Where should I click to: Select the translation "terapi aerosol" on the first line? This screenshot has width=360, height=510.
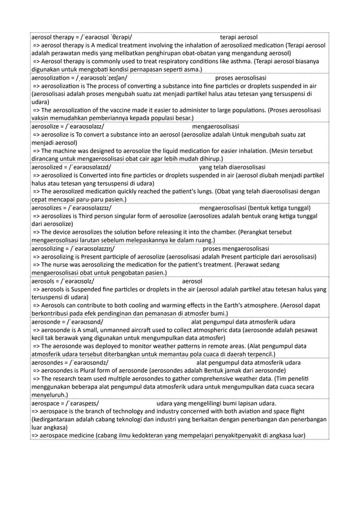click(x=239, y=37)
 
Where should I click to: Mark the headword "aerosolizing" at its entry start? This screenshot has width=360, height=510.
click(x=51, y=249)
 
